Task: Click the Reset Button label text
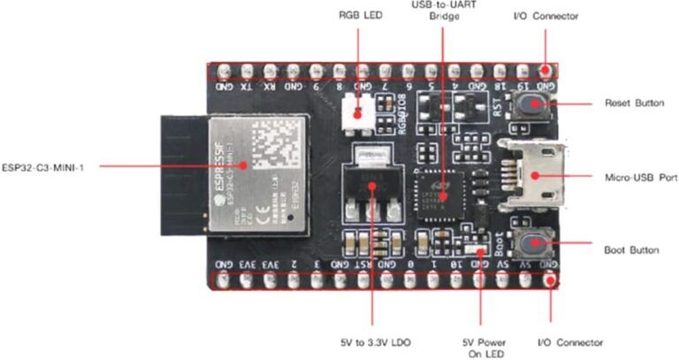(x=632, y=103)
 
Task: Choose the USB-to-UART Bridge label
(x=445, y=10)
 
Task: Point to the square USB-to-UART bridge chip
(x=445, y=186)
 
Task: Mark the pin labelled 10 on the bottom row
(x=455, y=264)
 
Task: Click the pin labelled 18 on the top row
(x=500, y=88)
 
